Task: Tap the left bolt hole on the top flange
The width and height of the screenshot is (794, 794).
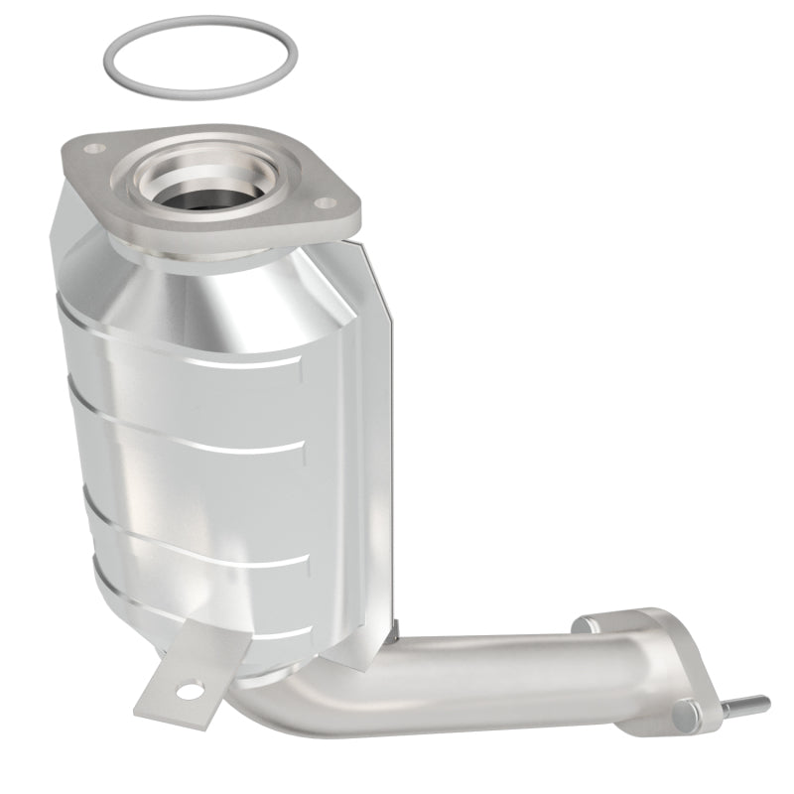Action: click(94, 149)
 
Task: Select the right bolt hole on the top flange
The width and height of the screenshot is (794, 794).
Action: click(323, 176)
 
